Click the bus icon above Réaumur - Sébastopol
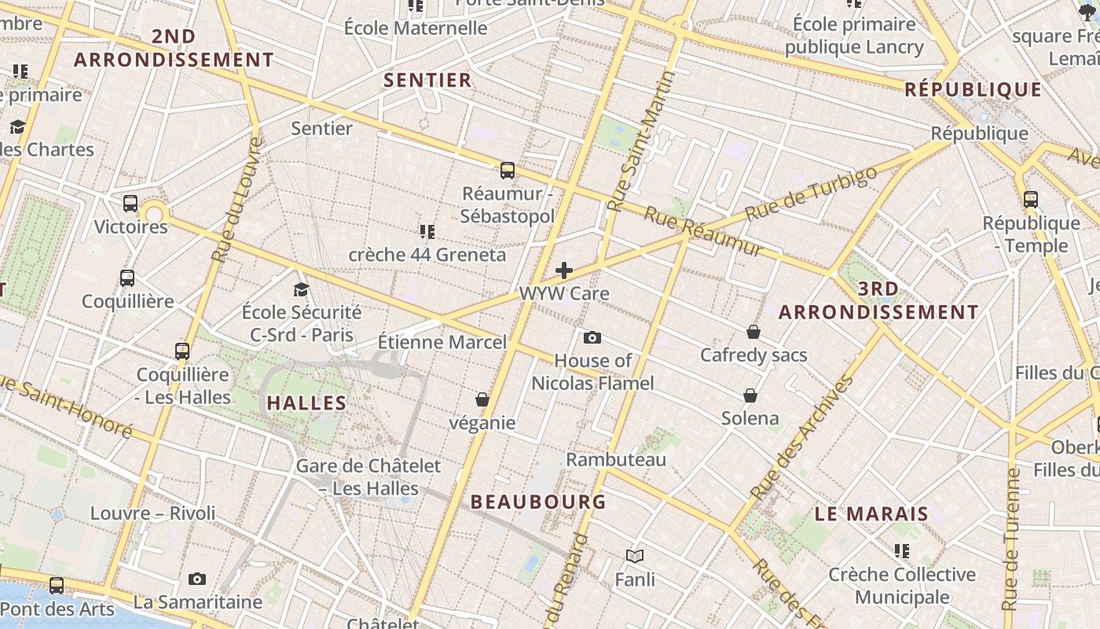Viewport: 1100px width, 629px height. coord(508,170)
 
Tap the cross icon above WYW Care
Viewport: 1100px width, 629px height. coord(564,270)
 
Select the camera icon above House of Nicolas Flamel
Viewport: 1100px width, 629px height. coord(592,338)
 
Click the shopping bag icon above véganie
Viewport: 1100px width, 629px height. coord(482,399)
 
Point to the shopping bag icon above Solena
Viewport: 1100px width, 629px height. coord(750,395)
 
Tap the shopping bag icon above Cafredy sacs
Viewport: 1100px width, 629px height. coord(753,332)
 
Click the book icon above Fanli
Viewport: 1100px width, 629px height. coord(635,557)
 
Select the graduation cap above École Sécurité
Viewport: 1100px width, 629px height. coord(301,289)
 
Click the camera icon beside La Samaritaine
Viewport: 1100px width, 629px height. coord(197,579)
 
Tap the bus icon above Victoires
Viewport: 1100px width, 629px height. coord(130,204)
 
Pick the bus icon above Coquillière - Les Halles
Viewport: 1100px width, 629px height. coord(182,351)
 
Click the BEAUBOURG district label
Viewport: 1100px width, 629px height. coord(538,502)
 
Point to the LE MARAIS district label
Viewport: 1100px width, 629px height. coord(871,514)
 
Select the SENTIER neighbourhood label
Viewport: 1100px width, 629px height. coord(427,80)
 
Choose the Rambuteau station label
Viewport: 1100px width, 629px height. coord(616,459)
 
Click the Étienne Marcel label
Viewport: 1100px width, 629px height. coord(442,343)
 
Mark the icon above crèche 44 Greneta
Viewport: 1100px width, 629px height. coord(427,231)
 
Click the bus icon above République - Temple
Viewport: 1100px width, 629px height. coord(1031,200)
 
